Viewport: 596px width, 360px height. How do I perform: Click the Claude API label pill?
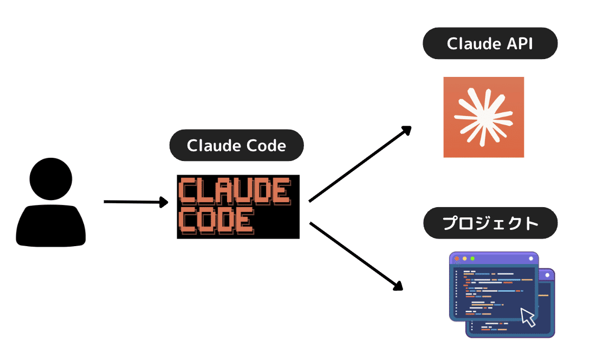pyautogui.click(x=490, y=44)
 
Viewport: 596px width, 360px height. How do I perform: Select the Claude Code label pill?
pyautogui.click(x=236, y=145)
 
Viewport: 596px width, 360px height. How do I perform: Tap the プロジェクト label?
pyautogui.click(x=490, y=223)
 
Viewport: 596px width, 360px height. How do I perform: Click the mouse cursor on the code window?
pyautogui.click(x=527, y=317)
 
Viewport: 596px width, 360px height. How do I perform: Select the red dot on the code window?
pyautogui.click(x=456, y=259)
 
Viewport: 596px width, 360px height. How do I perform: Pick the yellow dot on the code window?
pyautogui.click(x=464, y=259)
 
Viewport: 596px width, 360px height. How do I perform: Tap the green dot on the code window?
pyautogui.click(x=472, y=259)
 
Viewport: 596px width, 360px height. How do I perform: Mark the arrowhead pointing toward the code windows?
pyautogui.click(x=398, y=286)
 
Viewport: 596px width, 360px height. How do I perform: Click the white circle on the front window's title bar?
pyautogui.click(x=530, y=259)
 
